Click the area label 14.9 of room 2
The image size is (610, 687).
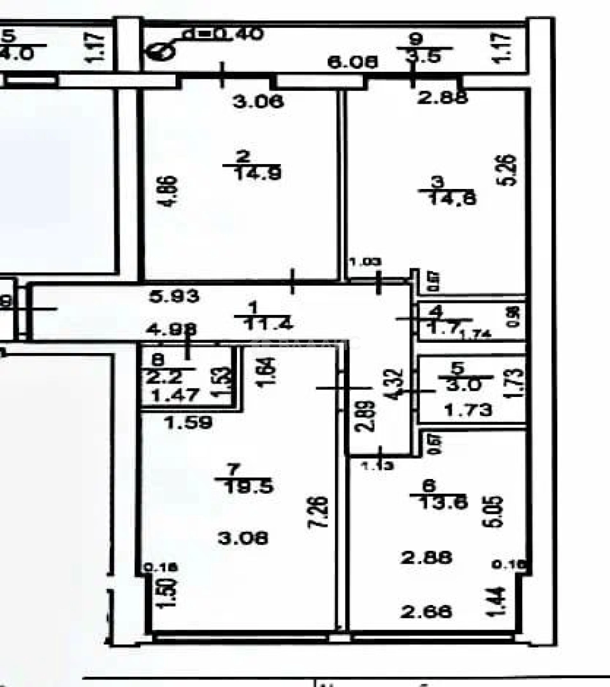248,173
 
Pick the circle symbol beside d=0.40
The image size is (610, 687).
159,50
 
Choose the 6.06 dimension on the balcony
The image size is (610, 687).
353,62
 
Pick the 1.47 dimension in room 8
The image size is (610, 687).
168,395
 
